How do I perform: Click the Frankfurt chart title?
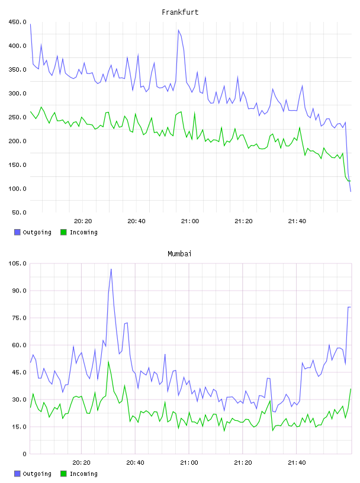tap(180, 12)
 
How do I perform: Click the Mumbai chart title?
tap(179, 254)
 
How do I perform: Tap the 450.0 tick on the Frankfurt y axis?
tap(17, 22)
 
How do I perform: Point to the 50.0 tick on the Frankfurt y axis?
tap(19, 212)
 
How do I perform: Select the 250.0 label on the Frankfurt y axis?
tap(17, 117)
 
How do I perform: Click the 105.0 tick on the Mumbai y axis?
tap(17, 263)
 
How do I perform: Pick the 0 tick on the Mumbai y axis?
tap(24, 454)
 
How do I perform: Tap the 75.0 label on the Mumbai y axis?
tap(19, 318)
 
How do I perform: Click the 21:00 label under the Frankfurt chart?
tap(190, 221)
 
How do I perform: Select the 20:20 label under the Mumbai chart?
tap(81, 463)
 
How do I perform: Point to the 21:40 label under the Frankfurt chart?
tap(297, 221)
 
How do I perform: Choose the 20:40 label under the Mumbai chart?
tap(135, 463)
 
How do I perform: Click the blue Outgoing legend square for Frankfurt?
tap(17, 232)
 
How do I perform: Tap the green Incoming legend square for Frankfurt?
tap(63, 232)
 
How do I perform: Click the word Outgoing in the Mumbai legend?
tap(37, 474)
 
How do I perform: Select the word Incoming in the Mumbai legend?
tap(83, 474)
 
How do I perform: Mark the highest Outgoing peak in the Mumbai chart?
tap(111, 269)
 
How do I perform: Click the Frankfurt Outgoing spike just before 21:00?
tap(178, 30)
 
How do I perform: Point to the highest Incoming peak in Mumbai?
tap(108, 361)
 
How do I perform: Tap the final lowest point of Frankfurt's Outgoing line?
tap(351, 191)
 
